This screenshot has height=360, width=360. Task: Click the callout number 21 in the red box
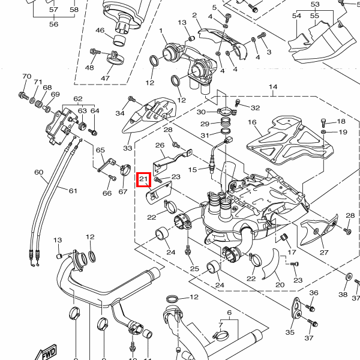pos(143,179)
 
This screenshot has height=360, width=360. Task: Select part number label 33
pos(128,148)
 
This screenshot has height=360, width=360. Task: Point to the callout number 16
pos(252,122)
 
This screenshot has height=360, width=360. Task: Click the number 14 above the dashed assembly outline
pos(273,87)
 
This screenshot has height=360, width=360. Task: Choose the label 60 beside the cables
pos(39,172)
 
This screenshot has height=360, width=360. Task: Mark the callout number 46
pos(100,31)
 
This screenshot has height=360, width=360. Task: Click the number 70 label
pos(27,76)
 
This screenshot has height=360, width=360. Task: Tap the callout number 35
pos(290,332)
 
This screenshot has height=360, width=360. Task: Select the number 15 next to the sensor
pos(193,170)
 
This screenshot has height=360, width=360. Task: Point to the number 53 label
pos(315,4)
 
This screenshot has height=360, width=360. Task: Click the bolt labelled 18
pos(323,122)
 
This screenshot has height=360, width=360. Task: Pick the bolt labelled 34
pos(131,99)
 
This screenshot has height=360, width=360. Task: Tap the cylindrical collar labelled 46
pos(119,40)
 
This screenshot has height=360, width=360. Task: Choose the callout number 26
pos(160,145)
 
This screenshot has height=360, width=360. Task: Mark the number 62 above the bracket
pos(78,99)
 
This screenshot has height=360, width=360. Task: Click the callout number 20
pos(280,285)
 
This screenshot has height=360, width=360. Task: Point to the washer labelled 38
pos(349,277)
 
